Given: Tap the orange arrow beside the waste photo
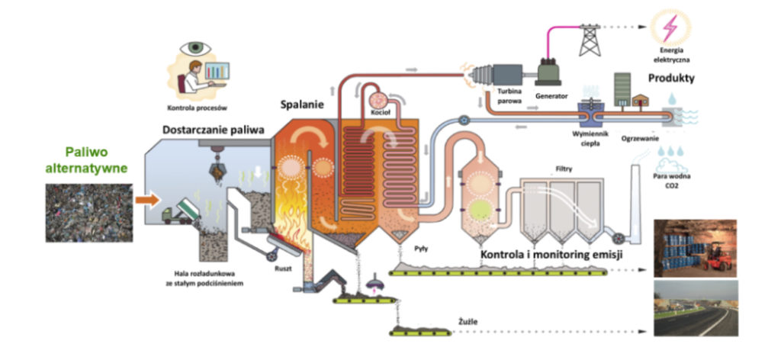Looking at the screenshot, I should [148, 201].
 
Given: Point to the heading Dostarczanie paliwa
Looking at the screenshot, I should [214, 130].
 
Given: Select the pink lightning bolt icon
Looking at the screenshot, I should [671, 27].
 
